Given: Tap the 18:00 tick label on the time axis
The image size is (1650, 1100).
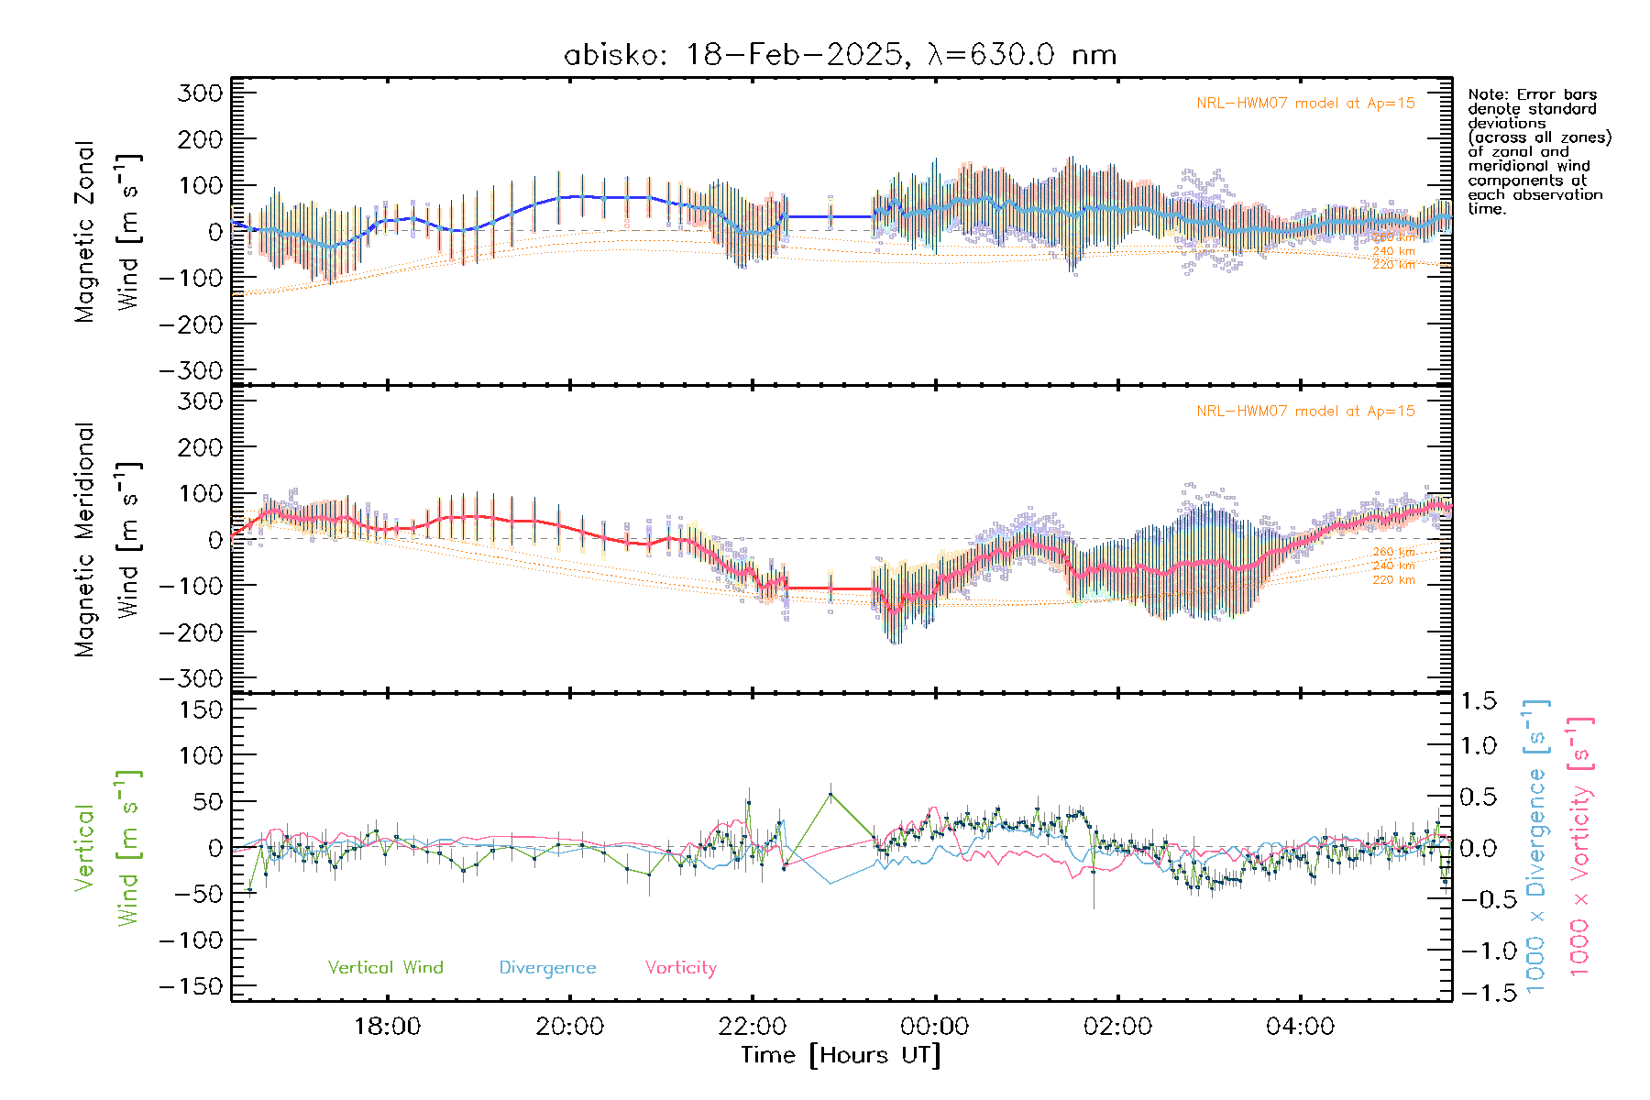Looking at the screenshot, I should (387, 1026).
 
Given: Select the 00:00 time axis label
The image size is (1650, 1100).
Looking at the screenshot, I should (935, 1026).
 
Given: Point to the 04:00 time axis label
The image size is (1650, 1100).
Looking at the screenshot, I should (1300, 1026).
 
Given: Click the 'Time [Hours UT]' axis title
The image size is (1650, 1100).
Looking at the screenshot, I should (841, 1055).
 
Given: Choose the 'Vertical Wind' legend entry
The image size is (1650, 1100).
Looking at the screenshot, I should (385, 967).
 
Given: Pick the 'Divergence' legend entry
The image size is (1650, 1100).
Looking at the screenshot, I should (547, 967).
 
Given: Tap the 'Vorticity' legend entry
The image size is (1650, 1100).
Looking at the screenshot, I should (680, 967).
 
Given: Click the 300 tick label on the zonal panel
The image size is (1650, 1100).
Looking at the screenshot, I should (200, 93).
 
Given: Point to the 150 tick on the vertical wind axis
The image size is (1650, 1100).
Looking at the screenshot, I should (200, 709).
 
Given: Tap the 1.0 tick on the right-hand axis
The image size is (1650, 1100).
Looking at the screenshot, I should (1478, 745).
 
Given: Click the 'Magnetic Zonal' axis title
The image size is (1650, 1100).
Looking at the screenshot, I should (84, 231).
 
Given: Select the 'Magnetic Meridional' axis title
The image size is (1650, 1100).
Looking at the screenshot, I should (84, 539).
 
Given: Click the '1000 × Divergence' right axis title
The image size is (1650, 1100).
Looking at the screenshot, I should (1536, 847).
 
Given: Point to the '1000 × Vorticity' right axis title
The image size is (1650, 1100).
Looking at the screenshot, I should (1580, 847).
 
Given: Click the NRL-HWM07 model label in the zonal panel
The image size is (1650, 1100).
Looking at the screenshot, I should (1305, 103).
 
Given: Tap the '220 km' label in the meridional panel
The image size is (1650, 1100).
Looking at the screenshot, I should (1393, 580).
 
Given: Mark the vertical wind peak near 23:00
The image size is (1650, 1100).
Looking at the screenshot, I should (830, 794).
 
